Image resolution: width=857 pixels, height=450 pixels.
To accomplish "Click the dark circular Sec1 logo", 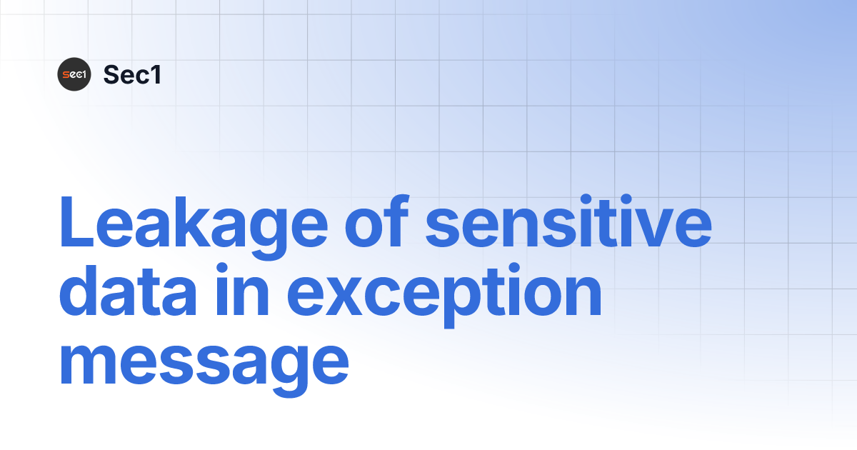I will pos(74,74).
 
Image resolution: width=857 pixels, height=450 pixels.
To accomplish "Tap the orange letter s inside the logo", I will pos(66,74).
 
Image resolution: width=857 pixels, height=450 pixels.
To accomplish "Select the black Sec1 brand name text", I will pos(132,74).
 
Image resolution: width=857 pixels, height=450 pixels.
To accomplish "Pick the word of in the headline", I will pos(379,221).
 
